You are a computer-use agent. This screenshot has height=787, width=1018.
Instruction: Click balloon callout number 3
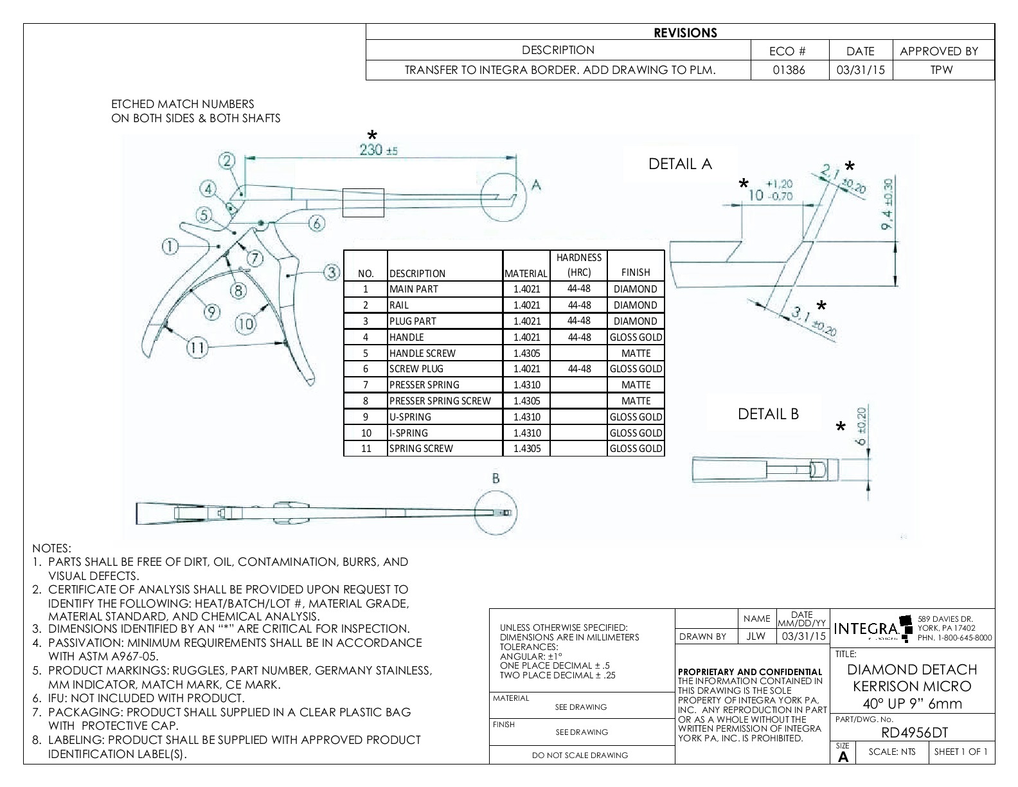[x=331, y=272]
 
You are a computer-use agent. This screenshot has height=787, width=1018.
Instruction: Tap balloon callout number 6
[x=317, y=223]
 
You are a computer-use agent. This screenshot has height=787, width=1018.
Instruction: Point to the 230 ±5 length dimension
[x=379, y=150]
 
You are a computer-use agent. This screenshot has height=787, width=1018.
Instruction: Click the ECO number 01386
[x=789, y=70]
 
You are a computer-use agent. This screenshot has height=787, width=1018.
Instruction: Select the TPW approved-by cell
[x=942, y=70]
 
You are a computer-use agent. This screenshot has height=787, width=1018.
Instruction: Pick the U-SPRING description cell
[x=443, y=417]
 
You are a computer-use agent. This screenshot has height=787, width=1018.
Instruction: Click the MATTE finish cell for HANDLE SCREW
[x=636, y=353]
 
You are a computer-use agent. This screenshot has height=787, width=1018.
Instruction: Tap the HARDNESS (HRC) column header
[x=578, y=264]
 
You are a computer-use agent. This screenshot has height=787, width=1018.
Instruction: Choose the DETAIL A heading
[x=680, y=164]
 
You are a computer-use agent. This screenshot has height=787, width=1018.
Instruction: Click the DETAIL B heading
[x=768, y=414]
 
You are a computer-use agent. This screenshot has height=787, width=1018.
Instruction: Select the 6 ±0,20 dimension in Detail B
[x=862, y=427]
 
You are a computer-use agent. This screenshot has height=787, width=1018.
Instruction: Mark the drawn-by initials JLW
[x=756, y=637]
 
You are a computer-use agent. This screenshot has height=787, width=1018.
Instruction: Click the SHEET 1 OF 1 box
[x=961, y=752]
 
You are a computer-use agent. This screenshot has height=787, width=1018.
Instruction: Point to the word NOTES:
[x=51, y=548]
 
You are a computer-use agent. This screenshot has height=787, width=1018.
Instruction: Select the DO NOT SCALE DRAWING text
[x=580, y=755]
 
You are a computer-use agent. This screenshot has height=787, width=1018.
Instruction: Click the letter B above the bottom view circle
[x=496, y=478]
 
